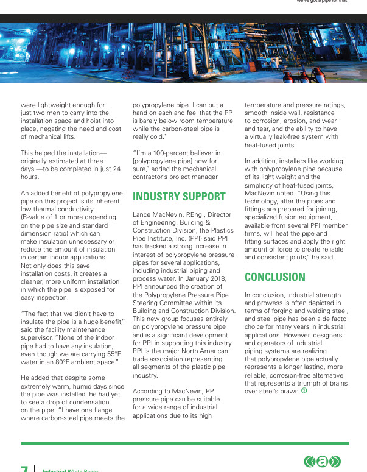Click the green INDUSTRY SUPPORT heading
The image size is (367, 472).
tap(179, 197)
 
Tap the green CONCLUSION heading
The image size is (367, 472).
tap(275, 277)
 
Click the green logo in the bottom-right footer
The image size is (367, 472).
tap(323, 462)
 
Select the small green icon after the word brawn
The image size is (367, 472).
tap(304, 391)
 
